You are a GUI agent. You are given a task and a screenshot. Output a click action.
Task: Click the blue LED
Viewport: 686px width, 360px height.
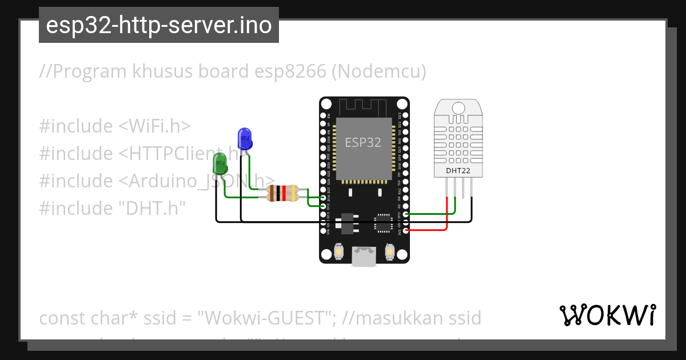(244, 138)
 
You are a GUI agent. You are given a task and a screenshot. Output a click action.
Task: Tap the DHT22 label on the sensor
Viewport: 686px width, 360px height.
(458, 170)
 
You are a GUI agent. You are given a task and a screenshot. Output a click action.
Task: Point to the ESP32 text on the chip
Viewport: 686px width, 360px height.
(362, 142)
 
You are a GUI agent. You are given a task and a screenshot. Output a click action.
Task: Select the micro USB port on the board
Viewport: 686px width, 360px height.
(364, 257)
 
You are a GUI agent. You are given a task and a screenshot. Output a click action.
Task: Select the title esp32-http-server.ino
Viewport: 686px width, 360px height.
(158, 25)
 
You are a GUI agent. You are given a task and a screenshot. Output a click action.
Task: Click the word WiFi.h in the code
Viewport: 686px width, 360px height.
(159, 126)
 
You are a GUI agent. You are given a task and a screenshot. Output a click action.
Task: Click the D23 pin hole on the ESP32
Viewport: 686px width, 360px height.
(405, 115)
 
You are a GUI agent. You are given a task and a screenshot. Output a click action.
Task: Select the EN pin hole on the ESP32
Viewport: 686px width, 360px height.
(324, 115)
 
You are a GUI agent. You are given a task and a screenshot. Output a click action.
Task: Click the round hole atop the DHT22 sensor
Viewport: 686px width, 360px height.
(458, 107)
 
